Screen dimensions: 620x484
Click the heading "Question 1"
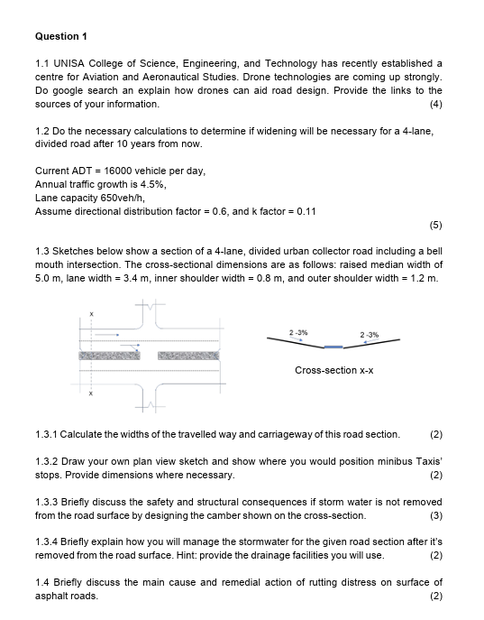[x=60, y=36]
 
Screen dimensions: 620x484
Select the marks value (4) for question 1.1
[x=436, y=105]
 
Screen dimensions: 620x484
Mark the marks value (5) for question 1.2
[x=436, y=225]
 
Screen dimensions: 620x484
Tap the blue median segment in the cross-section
[x=333, y=347]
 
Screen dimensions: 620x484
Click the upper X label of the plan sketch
[x=90, y=313]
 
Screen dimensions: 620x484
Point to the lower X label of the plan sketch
[x=90, y=393]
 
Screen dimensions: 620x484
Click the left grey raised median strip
[x=110, y=356]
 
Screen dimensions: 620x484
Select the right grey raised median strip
[x=188, y=356]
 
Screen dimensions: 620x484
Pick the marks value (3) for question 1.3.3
[x=436, y=515]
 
